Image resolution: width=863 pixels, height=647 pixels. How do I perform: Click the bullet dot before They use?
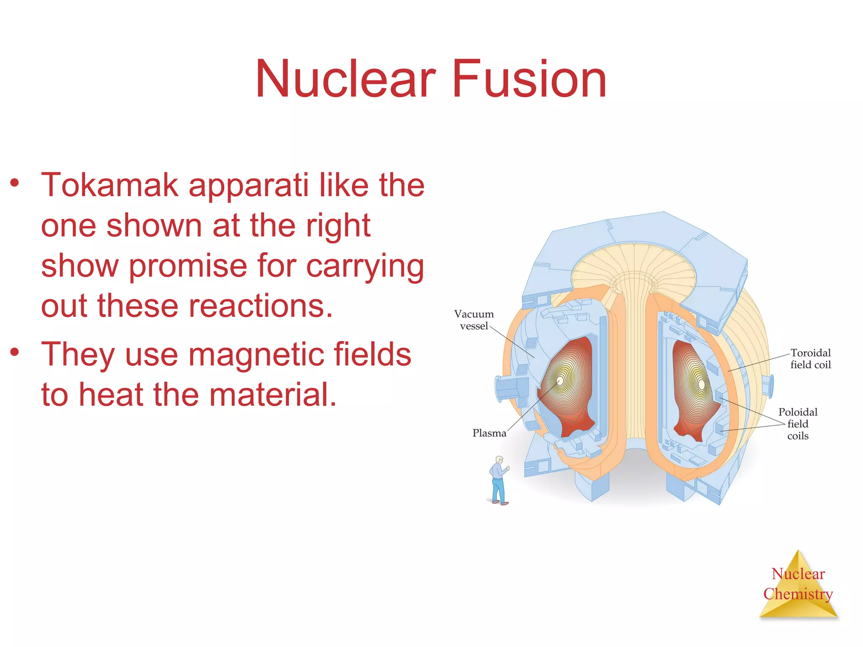[15, 352]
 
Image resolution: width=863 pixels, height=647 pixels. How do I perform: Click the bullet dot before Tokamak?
[15, 183]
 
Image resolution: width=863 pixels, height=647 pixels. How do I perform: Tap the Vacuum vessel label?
[474, 320]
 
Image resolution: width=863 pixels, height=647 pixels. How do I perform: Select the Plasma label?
[489, 433]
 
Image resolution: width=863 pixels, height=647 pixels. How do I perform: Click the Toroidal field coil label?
[810, 359]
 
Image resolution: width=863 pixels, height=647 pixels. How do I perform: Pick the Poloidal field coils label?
[797, 424]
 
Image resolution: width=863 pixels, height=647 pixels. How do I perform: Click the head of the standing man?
[499, 460]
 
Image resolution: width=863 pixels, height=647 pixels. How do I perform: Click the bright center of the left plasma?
[561, 380]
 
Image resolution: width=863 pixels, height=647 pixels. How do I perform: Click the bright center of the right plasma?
[701, 384]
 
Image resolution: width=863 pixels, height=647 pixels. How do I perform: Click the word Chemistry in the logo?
[798, 594]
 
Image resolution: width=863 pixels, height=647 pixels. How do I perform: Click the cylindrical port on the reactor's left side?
[509, 388]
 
